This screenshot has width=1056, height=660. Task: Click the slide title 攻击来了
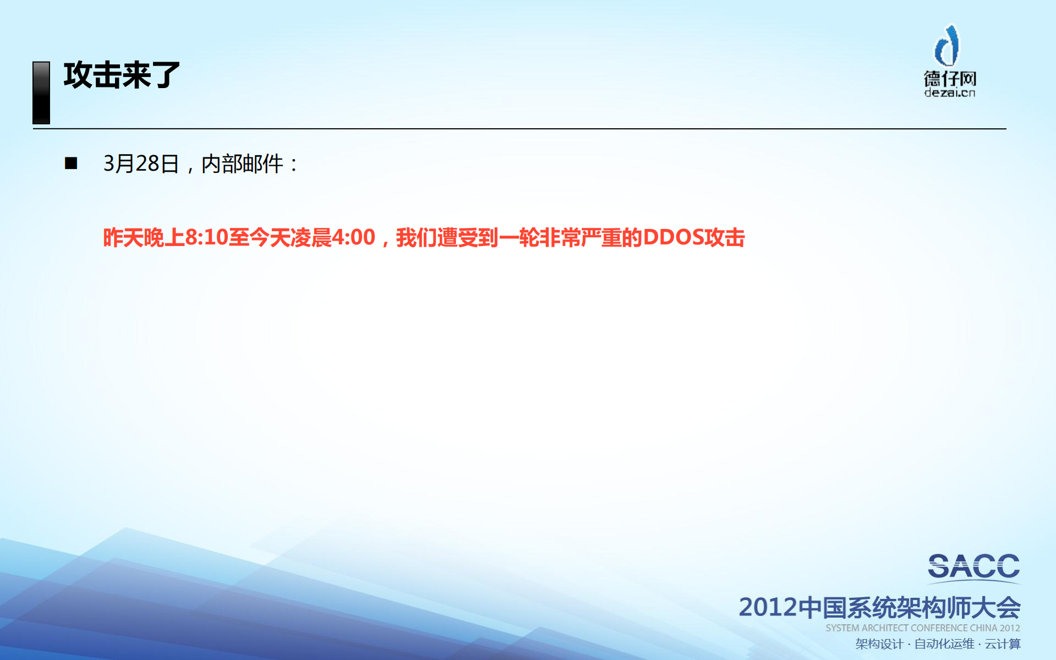[x=122, y=75]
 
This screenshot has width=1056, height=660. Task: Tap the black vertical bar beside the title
[x=41, y=92]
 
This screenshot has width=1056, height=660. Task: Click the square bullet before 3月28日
[x=71, y=163]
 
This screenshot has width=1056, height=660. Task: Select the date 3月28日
[x=141, y=163]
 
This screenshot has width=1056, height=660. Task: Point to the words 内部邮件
[x=242, y=163]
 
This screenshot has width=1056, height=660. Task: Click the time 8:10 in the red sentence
[x=206, y=237]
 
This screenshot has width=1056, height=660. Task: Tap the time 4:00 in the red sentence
[x=353, y=237]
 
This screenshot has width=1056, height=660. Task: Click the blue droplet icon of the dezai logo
[x=948, y=46]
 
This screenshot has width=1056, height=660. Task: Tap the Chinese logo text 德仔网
[x=950, y=78]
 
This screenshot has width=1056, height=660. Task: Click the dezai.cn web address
[x=950, y=92]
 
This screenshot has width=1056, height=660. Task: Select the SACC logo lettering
[x=973, y=567]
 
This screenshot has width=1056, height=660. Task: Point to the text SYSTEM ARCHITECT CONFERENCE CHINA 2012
[x=922, y=628]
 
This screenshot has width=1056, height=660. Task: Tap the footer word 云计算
[x=1003, y=643]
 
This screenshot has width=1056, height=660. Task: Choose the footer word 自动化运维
[x=944, y=643]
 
